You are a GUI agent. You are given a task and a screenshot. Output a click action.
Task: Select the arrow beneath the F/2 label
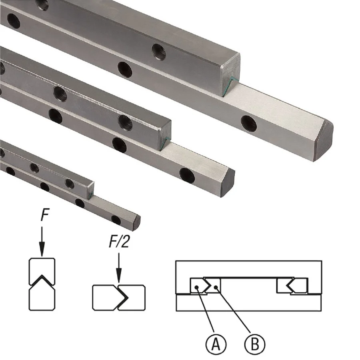(119, 268)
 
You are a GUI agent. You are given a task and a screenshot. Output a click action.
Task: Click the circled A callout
(216, 344)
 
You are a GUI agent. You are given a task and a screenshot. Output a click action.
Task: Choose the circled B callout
(254, 344)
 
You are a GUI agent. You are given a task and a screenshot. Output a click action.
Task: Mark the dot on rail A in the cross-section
(196, 287)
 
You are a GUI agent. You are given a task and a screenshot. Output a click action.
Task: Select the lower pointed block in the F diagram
(42, 296)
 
